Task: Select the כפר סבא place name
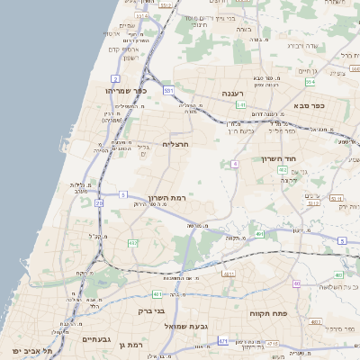pos(331,105)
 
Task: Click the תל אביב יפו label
pos(32,349)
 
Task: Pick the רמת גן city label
pos(130,345)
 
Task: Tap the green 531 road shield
pos(167,91)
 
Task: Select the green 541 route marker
pos(240,105)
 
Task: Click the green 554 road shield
pos(310,82)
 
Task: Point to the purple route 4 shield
pos(234,164)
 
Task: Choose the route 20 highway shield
pos(99,203)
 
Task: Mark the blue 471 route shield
pos(221,341)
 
